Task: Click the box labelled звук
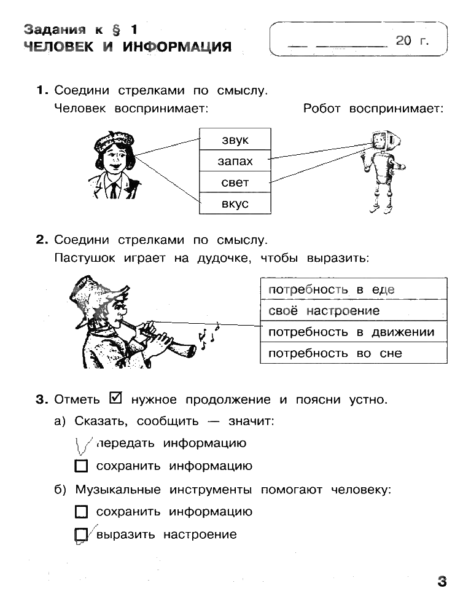(235, 139)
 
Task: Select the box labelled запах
(235, 161)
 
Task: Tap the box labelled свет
(235, 182)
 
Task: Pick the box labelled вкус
(235, 203)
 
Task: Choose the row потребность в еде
(352, 289)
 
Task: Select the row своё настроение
(352, 310)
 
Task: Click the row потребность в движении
(352, 332)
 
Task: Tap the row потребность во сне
(352, 353)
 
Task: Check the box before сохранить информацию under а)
(81, 466)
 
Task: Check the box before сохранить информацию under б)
(81, 512)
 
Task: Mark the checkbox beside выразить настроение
(80, 535)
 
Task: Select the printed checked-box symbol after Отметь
(115, 399)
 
